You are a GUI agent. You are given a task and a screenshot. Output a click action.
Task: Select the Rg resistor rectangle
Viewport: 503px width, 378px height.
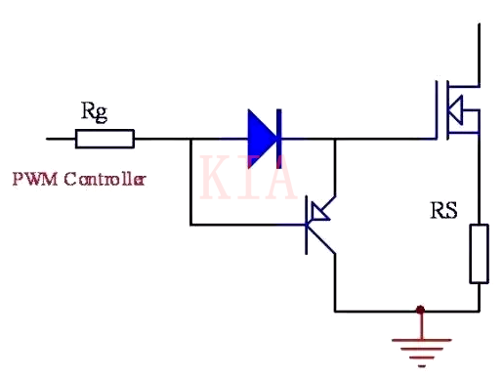[105, 139]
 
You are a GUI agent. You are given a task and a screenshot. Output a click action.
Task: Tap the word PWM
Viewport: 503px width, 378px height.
[30, 180]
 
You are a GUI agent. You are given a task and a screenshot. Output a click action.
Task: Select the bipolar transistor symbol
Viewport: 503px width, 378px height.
[317, 225]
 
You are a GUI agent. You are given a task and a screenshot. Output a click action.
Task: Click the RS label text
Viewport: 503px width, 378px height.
[443, 209]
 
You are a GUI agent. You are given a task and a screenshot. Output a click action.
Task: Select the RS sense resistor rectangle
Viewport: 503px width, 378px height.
[479, 253]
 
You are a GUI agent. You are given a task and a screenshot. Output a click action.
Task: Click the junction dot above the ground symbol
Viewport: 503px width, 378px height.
[420, 311]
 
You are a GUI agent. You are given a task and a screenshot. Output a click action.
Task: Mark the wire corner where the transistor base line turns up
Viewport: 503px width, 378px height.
[190, 225]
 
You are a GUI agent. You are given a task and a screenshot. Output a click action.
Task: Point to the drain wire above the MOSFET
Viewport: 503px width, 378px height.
[479, 49]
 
